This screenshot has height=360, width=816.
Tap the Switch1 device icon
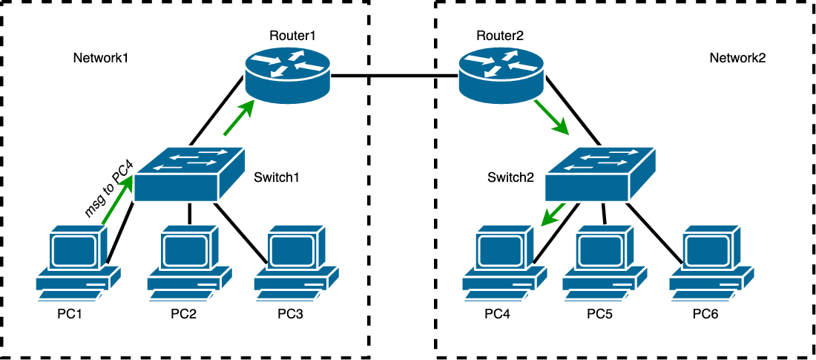tap(190, 174)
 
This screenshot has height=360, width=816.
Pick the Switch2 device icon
tap(601, 174)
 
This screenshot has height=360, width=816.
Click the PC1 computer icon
tap(79, 264)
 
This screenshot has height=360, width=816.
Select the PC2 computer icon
tap(189, 264)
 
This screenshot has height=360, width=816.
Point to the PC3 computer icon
tap(296, 264)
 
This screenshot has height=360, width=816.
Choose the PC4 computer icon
tap(504, 264)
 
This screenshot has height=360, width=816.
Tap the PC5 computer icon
tap(605, 264)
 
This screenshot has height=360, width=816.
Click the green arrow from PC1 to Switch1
tap(117, 203)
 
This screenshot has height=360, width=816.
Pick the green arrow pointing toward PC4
tap(554, 215)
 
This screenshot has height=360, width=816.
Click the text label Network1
tap(101, 58)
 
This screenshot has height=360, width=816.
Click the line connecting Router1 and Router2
tap(393, 76)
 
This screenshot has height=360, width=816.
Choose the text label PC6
tap(705, 313)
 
